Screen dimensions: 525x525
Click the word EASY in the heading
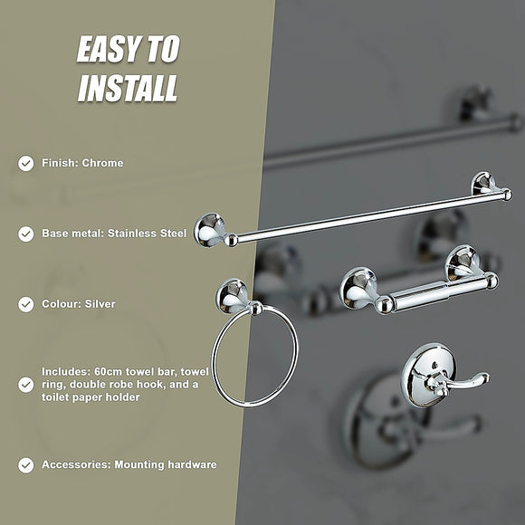click(x=106, y=51)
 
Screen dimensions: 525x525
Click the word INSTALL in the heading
click(x=127, y=89)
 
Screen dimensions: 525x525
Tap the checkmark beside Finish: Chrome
click(x=25, y=164)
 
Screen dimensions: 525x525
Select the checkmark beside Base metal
click(x=25, y=234)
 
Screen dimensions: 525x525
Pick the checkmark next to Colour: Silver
click(x=25, y=304)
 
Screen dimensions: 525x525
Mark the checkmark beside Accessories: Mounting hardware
click(x=25, y=465)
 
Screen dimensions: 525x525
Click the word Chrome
click(x=102, y=164)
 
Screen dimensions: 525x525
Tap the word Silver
click(x=100, y=304)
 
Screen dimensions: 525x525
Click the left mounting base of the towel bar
click(x=209, y=229)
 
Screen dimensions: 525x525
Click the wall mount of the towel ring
click(x=234, y=295)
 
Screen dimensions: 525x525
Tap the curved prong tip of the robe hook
click(x=482, y=377)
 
